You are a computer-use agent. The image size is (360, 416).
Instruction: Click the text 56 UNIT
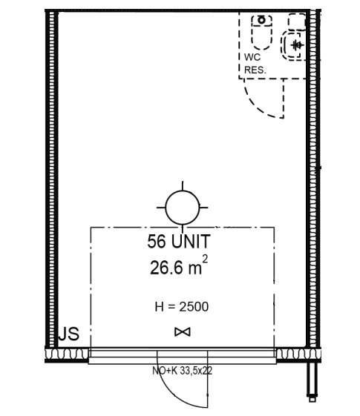coord(179,241)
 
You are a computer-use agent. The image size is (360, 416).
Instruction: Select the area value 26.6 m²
coord(179,265)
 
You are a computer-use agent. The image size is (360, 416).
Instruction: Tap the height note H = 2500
coord(182,307)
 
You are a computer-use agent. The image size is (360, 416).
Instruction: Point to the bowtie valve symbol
coord(183,332)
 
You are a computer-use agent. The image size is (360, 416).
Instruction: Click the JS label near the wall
coord(69,334)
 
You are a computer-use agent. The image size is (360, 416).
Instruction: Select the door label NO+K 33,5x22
coord(182,371)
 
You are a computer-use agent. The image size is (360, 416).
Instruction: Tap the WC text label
coord(252,57)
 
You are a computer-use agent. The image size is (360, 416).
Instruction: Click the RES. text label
coord(255,70)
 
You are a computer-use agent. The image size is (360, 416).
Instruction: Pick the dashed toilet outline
coord(262,33)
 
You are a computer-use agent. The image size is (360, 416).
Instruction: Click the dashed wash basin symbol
coord(294,45)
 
